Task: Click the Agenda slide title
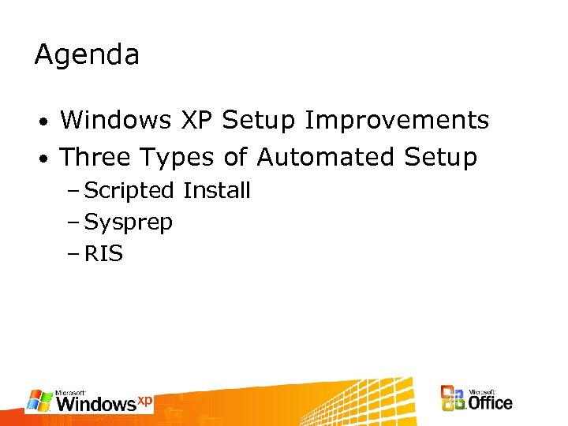click(87, 56)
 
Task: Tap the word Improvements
click(397, 121)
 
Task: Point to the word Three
click(95, 158)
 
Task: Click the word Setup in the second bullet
click(440, 159)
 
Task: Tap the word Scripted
click(129, 191)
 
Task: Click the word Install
click(216, 190)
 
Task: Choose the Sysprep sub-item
click(128, 223)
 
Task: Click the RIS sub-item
click(103, 254)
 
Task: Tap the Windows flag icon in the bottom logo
click(40, 401)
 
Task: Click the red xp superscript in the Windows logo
click(144, 399)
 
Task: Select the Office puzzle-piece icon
click(453, 398)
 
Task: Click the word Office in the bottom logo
click(490, 402)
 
